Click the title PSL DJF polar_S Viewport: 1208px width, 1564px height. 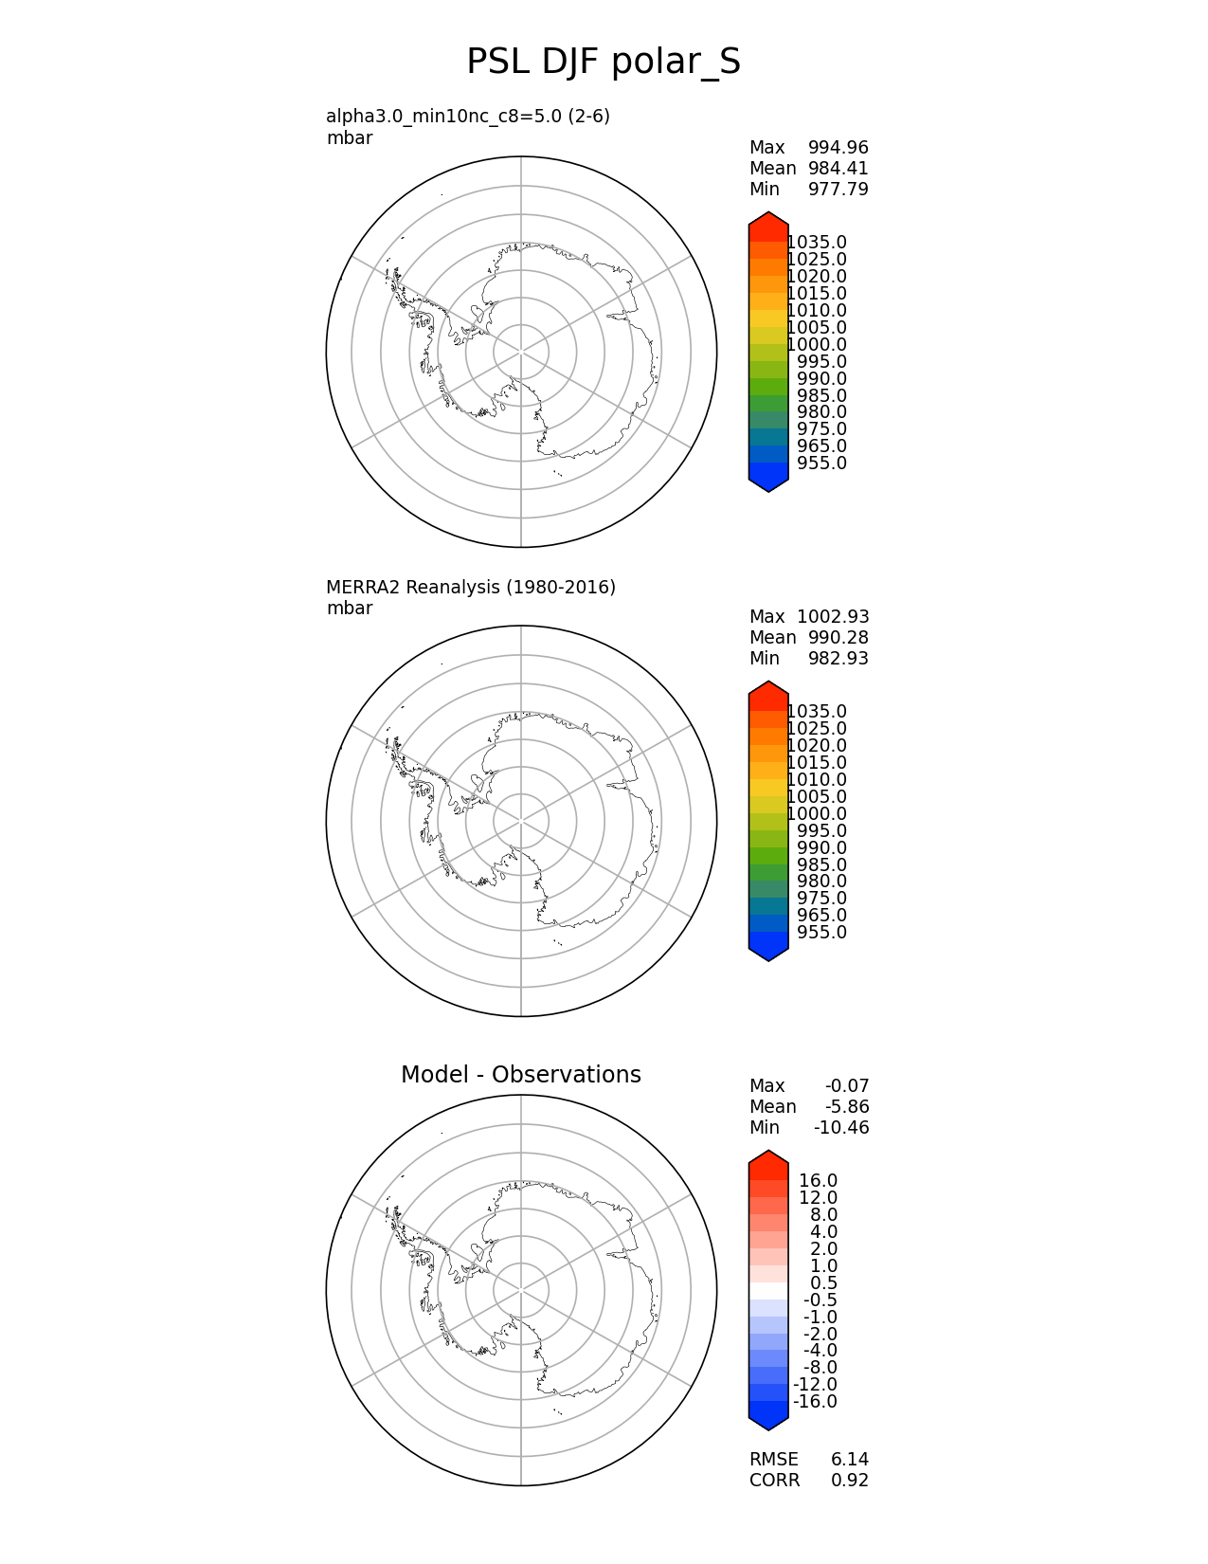[604, 63]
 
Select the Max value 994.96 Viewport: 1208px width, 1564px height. [838, 148]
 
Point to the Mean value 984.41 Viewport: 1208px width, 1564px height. [838, 169]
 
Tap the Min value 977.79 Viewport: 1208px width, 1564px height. [838, 190]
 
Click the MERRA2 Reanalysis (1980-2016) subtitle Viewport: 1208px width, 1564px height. [471, 588]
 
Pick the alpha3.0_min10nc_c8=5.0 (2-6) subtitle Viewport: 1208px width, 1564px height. [468, 117]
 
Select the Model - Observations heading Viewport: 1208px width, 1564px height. [520, 1075]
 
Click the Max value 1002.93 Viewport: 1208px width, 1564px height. [833, 617]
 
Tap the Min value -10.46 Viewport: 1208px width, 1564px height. [841, 1128]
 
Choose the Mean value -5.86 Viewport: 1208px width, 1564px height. [847, 1107]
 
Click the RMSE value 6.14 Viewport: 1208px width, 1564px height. [850, 1460]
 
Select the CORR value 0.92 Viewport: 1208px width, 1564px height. [850, 1481]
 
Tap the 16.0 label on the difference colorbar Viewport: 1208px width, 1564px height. [818, 1181]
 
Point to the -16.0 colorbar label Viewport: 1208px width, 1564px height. [815, 1402]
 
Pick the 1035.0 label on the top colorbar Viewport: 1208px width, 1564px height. [817, 243]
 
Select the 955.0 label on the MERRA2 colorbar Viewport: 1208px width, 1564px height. [821, 933]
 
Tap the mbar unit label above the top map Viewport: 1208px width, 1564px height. [350, 138]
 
